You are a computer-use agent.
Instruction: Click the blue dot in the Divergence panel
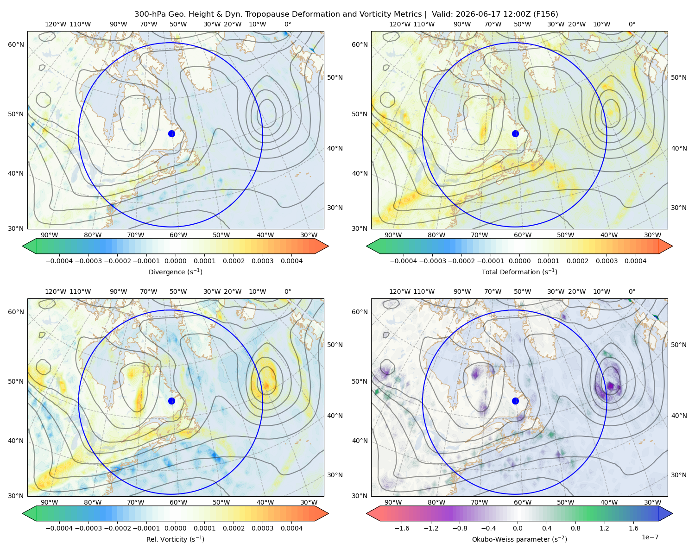click(171, 133)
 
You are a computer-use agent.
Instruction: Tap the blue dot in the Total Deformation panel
click(515, 133)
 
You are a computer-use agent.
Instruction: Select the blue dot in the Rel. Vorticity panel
click(171, 401)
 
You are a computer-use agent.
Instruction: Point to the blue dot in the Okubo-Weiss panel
click(515, 401)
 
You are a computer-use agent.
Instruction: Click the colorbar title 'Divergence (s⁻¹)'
click(175, 272)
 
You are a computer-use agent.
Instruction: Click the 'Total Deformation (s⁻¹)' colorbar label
click(519, 272)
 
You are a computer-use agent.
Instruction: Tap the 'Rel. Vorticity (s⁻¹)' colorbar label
click(175, 539)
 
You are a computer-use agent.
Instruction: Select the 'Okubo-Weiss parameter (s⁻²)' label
click(519, 539)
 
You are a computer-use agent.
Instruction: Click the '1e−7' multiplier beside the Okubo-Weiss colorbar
click(650, 537)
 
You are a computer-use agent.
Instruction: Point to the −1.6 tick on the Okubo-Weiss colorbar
click(402, 528)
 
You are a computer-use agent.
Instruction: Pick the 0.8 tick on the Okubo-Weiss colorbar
click(575, 528)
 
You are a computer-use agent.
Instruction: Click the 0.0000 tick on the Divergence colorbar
click(175, 261)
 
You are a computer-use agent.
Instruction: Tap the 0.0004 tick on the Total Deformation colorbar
click(636, 261)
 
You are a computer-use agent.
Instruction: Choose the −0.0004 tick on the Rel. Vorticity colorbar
click(59, 528)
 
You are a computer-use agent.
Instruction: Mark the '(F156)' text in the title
click(545, 14)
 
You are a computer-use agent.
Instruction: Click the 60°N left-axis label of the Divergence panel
click(16, 44)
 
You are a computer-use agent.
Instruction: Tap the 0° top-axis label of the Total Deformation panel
click(632, 24)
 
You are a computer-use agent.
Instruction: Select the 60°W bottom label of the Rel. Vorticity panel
click(178, 502)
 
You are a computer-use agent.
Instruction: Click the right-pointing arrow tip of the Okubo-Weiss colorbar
click(672, 513)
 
